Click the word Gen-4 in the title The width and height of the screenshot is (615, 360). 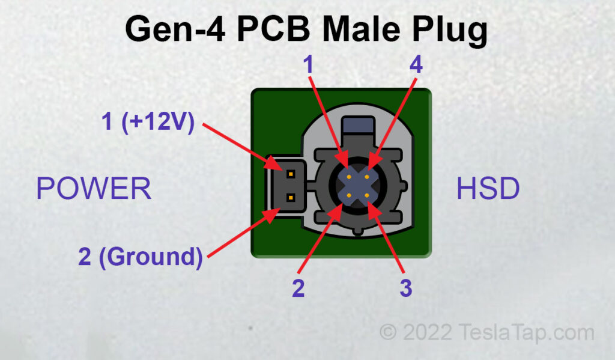click(175, 29)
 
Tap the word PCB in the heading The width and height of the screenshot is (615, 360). click(274, 29)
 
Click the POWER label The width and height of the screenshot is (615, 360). click(94, 189)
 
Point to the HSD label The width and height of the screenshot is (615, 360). click(488, 189)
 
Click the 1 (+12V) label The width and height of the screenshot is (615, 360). click(148, 121)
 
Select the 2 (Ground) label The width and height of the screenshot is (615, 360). click(141, 257)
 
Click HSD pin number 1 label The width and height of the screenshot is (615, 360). click(308, 64)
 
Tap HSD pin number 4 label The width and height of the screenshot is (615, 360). click(416, 64)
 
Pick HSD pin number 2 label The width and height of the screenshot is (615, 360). click(298, 288)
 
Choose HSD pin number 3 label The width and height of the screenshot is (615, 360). click(406, 288)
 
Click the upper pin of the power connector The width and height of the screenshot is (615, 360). click(291, 174)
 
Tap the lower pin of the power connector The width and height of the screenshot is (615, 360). click(291, 198)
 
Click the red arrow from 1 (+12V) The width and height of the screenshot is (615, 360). click(242, 147)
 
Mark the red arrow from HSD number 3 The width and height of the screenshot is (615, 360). click(386, 239)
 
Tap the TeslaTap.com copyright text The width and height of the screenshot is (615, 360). click(486, 333)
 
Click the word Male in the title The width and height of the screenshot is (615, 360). click(361, 29)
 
